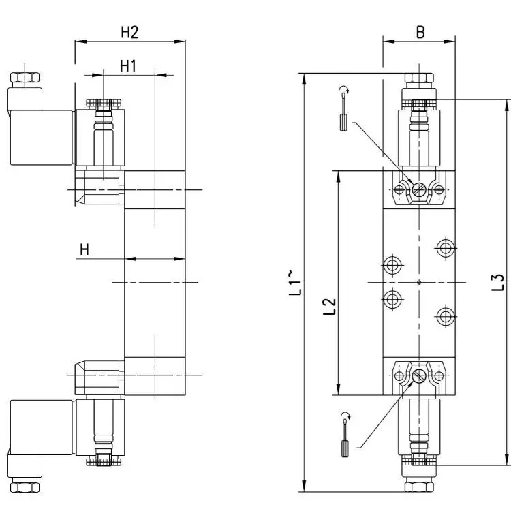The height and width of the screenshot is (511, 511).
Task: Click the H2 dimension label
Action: tap(129, 32)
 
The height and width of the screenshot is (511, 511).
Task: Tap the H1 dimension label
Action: tap(128, 66)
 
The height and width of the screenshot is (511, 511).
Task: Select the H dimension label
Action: tap(84, 249)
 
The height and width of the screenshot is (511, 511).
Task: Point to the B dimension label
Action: tap(420, 32)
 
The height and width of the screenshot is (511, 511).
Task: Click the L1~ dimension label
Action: tap(295, 283)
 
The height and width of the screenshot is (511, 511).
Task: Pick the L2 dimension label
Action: tap(330, 307)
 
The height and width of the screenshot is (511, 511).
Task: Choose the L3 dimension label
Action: tap(498, 282)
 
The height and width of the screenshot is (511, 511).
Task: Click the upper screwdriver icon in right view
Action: tap(344, 108)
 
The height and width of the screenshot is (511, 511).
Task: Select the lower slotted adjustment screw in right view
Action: tap(419, 376)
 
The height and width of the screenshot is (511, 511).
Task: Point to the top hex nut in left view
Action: tap(25, 78)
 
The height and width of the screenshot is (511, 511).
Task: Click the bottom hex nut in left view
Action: tap(25, 488)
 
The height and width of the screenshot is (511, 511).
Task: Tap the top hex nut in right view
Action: tap(419, 78)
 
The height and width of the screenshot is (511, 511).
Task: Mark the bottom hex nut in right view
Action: tap(419, 487)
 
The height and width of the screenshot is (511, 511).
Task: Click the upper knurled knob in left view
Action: tap(104, 104)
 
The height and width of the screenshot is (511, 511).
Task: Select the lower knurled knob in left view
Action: tap(104, 462)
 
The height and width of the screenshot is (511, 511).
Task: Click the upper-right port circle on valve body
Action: tap(445, 248)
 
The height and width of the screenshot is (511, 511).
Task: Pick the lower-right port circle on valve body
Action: tap(445, 315)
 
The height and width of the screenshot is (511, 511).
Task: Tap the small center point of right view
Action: tap(419, 282)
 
